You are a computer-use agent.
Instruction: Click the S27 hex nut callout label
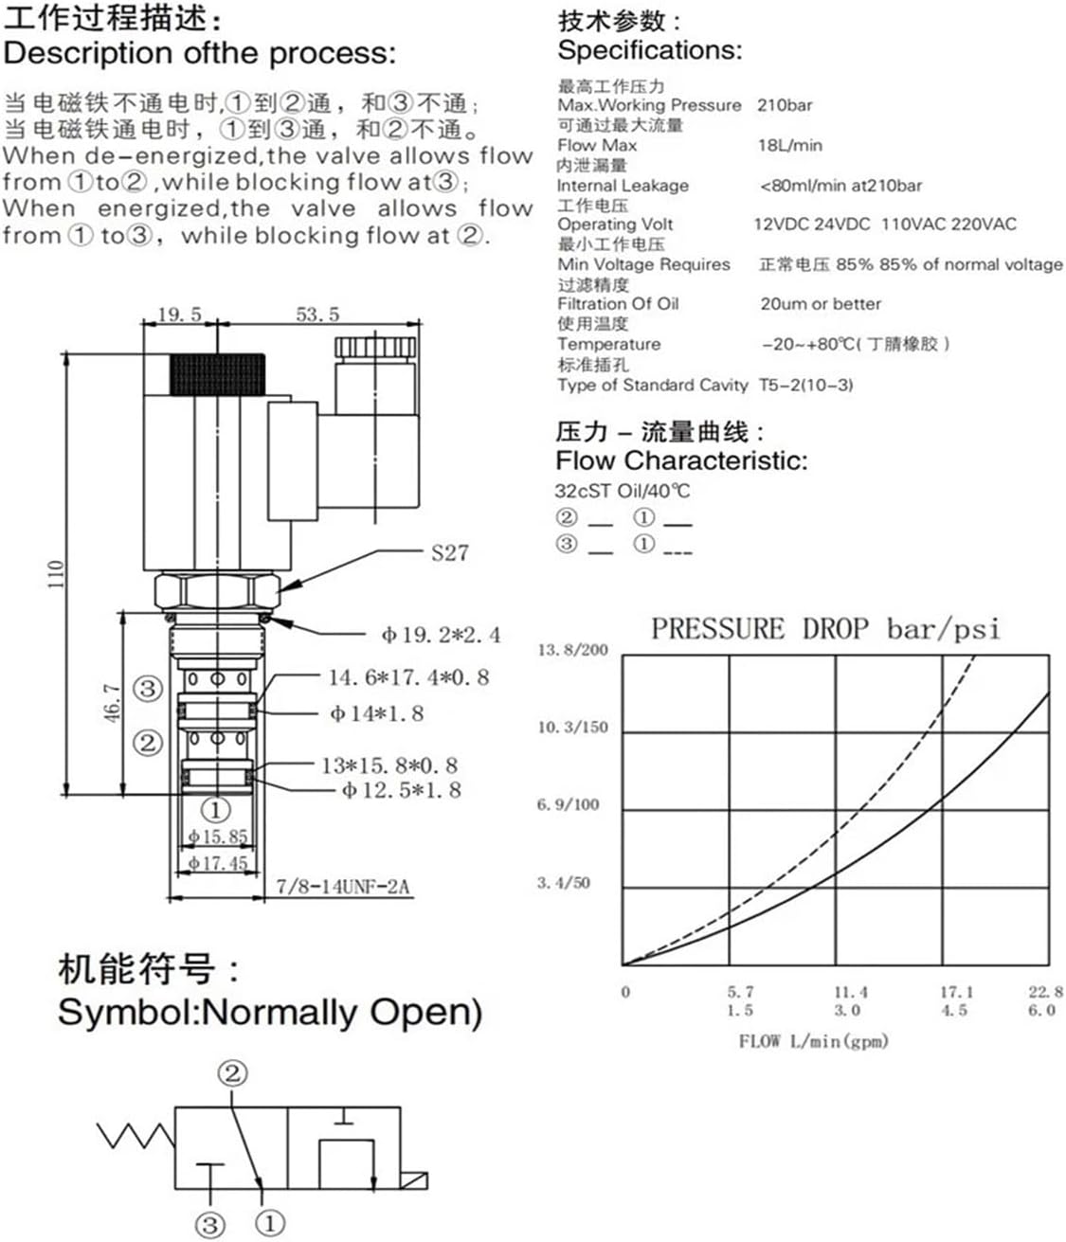pos(449,552)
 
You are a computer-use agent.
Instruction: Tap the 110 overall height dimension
pos(56,574)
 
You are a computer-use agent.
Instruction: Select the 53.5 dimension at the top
pos(317,315)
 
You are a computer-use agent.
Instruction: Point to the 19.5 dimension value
pos(179,315)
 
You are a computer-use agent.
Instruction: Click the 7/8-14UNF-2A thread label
pos(342,887)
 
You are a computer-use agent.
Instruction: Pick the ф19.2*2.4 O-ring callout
pos(441,635)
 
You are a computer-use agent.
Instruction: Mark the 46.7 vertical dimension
pos(112,702)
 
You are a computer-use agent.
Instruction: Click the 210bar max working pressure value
pos(784,105)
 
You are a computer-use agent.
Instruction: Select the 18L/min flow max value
pos(789,145)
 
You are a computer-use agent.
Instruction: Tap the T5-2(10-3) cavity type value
pos(805,385)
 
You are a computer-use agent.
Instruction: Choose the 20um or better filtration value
pos(820,304)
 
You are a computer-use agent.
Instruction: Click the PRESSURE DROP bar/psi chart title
pos(824,629)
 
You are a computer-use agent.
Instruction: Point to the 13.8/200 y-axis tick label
pos(572,650)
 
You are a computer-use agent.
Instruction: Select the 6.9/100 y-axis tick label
pos(569,805)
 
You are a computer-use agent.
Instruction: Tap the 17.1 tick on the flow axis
pos(956,992)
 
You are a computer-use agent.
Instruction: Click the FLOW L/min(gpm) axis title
pos(813,1041)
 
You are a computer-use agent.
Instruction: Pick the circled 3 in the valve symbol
pos(210,1224)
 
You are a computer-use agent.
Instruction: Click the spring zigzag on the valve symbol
pos(136,1135)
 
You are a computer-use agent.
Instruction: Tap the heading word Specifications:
pos(649,50)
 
